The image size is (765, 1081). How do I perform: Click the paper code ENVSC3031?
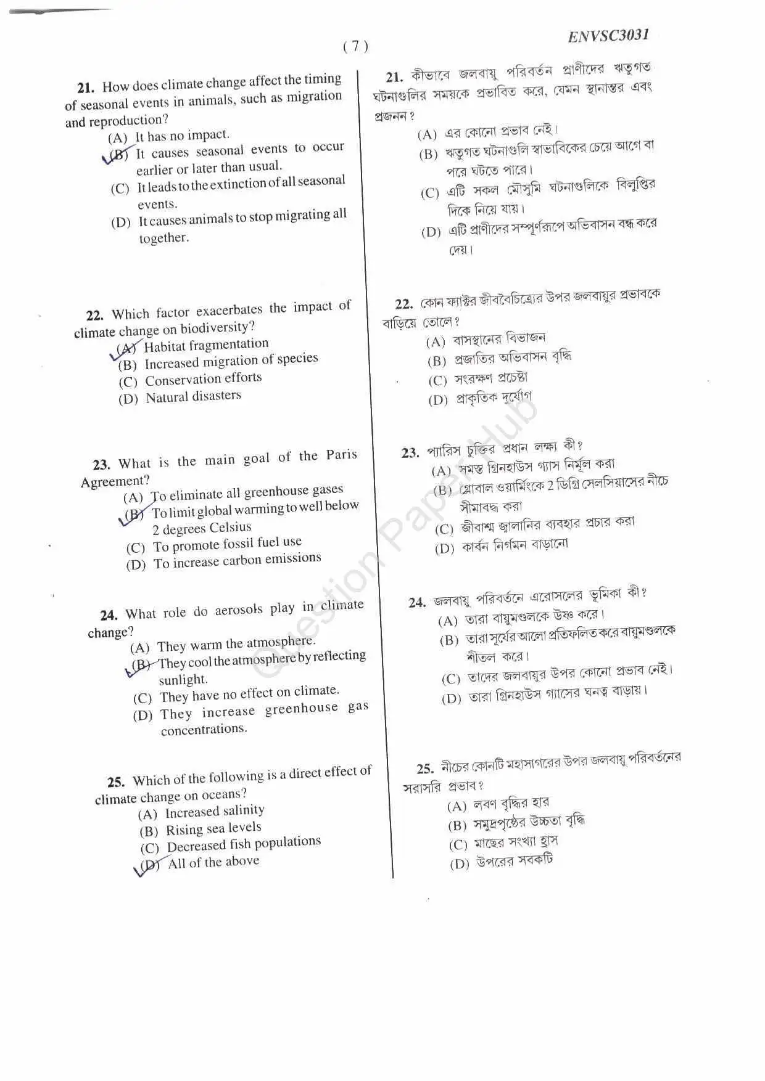[x=608, y=36]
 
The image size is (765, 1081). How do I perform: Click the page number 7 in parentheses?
[x=355, y=46]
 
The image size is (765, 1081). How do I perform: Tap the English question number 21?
[x=86, y=88]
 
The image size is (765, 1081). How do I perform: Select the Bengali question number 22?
[x=403, y=304]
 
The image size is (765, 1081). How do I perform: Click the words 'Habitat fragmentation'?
[x=206, y=345]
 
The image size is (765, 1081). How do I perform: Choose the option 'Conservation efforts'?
[x=203, y=379]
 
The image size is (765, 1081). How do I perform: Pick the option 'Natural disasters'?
[x=193, y=397]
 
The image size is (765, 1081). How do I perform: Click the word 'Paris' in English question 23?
[x=341, y=455]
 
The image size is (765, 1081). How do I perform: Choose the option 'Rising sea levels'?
[x=213, y=828]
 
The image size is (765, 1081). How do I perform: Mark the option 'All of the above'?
[x=213, y=862]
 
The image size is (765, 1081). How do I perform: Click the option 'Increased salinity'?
[x=214, y=811]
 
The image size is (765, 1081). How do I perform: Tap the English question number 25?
[x=115, y=782]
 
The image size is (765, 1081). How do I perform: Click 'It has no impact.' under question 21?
[x=182, y=135]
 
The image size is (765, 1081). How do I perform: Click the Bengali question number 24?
[x=417, y=602]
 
